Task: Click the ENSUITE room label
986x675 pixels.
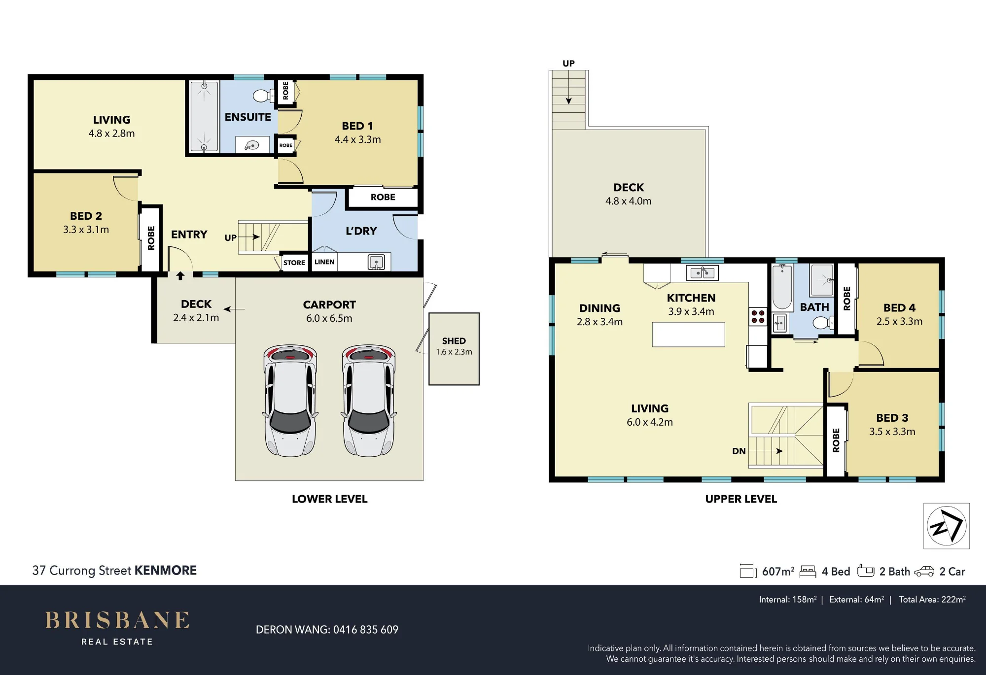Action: click(x=247, y=117)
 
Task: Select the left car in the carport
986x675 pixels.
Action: click(x=290, y=400)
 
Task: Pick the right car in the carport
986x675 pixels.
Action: click(x=369, y=400)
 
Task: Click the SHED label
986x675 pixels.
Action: click(x=454, y=341)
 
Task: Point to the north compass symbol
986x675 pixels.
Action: click(x=946, y=526)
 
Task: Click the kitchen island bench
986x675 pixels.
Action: click(x=688, y=335)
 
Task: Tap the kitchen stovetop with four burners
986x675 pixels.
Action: click(x=758, y=316)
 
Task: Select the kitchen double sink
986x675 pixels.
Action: click(x=702, y=272)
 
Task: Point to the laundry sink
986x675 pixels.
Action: click(x=376, y=262)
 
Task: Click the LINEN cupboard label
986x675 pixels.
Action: click(x=324, y=262)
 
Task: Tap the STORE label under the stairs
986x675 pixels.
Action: click(x=294, y=263)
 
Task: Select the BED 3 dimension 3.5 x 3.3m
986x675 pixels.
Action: click(x=892, y=432)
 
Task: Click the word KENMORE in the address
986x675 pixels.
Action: click(x=165, y=571)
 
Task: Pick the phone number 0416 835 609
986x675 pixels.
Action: click(x=365, y=630)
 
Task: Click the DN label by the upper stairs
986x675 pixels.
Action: click(x=739, y=451)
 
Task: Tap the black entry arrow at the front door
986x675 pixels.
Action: click(x=180, y=276)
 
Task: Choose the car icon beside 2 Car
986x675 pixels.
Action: click(x=924, y=572)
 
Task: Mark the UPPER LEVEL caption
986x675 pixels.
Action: click(x=741, y=499)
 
